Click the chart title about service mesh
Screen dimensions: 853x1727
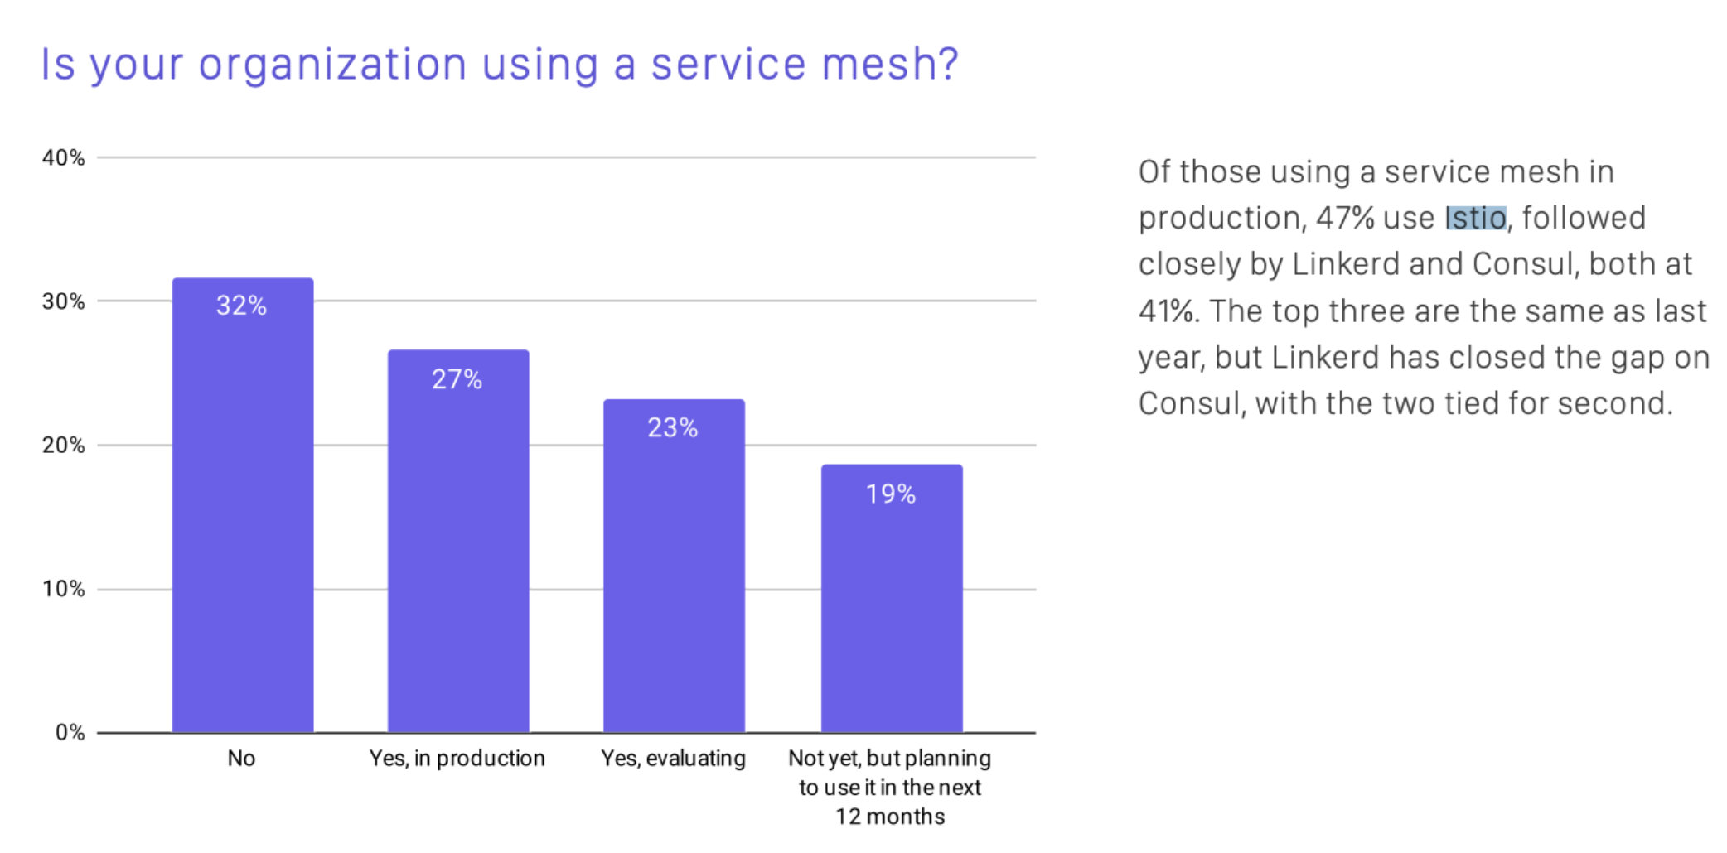click(x=499, y=65)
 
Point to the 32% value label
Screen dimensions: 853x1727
click(x=241, y=306)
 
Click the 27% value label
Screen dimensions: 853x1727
click(x=457, y=379)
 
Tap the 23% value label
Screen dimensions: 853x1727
click(x=672, y=428)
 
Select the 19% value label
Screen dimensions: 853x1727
click(x=891, y=494)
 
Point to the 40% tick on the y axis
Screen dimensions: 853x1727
click(x=64, y=157)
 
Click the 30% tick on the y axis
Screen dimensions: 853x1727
click(x=64, y=301)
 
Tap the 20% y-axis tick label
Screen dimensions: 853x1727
click(x=64, y=446)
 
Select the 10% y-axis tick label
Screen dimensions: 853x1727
click(x=64, y=589)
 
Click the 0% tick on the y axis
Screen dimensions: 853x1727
click(x=70, y=732)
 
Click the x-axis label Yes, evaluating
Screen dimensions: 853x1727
click(x=673, y=759)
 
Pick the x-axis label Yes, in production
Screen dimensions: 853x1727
click(x=457, y=759)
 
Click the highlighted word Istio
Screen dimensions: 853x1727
click(x=1475, y=218)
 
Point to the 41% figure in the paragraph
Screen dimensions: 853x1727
click(x=1168, y=311)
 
